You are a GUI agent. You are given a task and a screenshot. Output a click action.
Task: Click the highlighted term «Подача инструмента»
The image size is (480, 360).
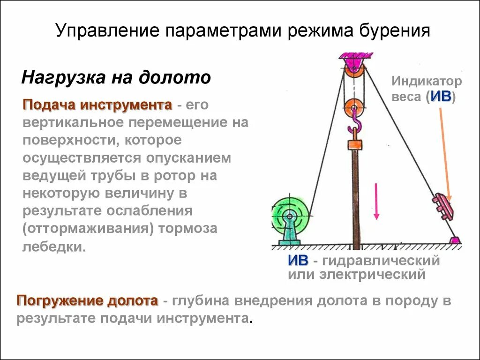point(97,105)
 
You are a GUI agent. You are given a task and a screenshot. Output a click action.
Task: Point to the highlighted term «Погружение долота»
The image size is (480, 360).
point(87,300)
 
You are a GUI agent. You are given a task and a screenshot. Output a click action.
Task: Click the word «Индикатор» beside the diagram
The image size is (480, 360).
point(427,81)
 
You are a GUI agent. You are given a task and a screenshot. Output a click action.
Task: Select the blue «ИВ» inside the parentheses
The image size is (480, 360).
point(441,97)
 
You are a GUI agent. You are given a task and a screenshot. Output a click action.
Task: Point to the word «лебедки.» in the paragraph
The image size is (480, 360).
point(54,246)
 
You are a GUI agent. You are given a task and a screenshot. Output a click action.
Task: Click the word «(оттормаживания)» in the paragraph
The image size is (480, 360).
point(89,229)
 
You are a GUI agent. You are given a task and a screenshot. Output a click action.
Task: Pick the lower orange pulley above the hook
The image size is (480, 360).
point(353,108)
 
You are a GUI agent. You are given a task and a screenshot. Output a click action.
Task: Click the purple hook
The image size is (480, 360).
point(355,125)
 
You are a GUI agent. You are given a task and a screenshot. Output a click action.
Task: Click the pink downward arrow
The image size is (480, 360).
point(376,202)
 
